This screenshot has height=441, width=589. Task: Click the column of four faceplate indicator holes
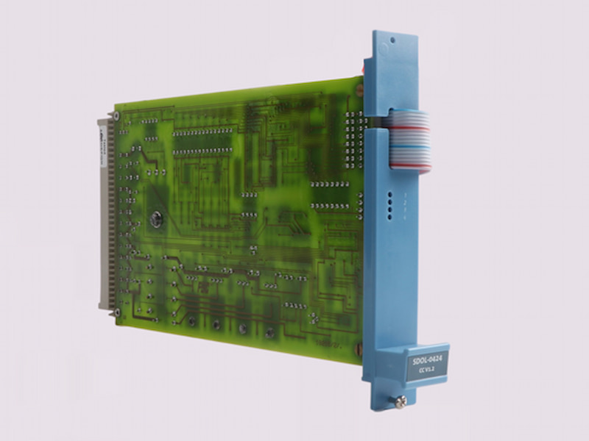pos(387,206)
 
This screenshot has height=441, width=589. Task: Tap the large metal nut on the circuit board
pos(156,218)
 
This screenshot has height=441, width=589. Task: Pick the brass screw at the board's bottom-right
pos(357,346)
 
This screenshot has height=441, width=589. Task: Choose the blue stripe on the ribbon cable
pos(410,140)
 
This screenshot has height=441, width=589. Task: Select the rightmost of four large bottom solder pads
pos(270,331)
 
